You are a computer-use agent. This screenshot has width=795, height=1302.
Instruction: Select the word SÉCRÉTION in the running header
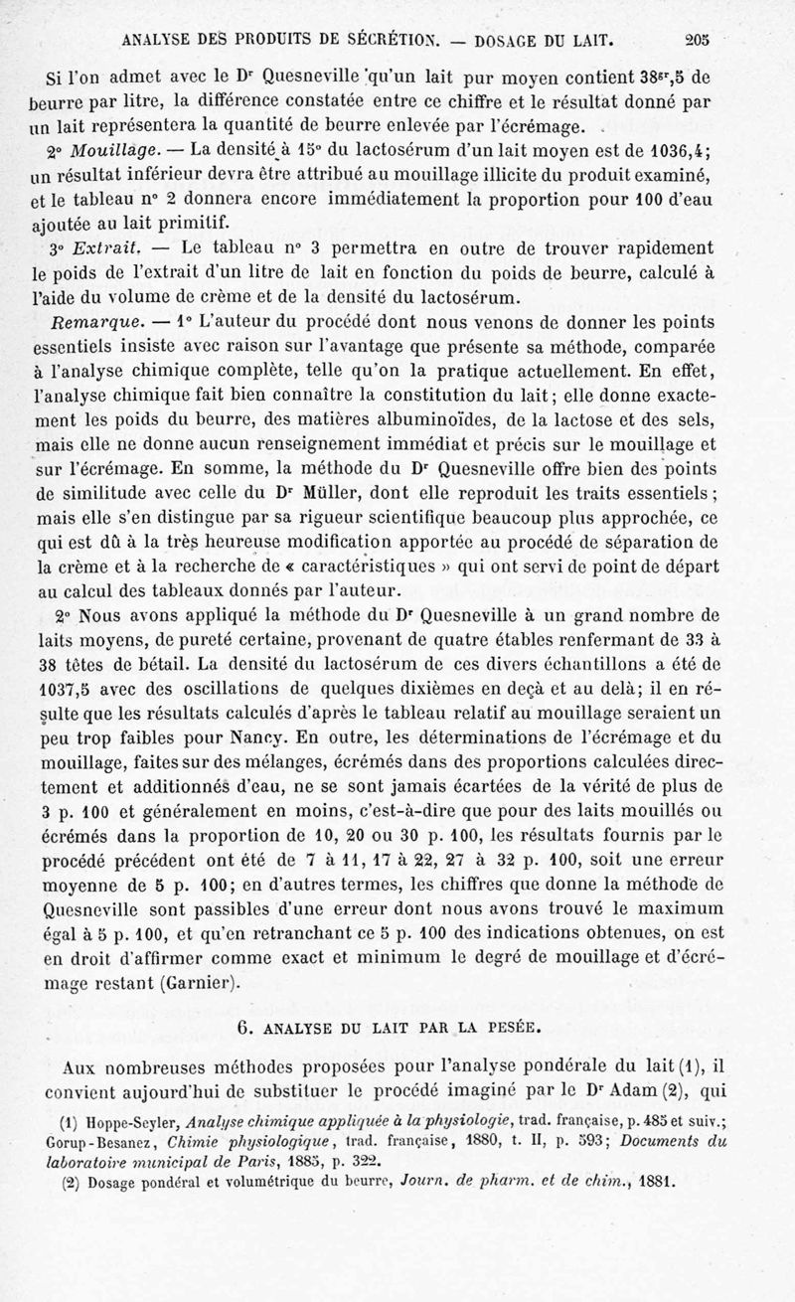pos(384,41)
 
